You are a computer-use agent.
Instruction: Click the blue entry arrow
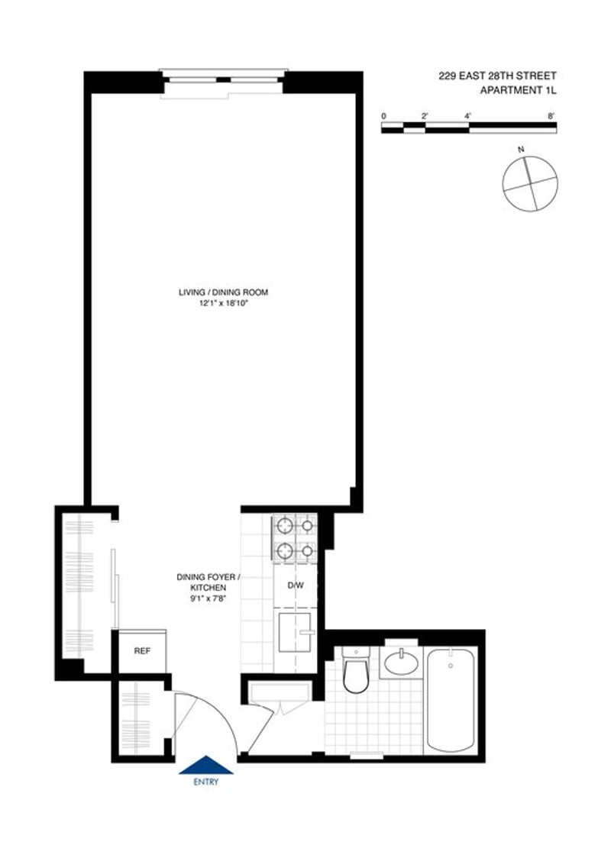tap(205, 765)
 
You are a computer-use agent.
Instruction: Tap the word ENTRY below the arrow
tap(205, 782)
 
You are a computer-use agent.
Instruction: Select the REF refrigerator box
tap(142, 653)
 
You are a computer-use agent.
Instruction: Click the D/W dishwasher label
tap(295, 586)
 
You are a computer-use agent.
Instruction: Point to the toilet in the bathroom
tap(356, 672)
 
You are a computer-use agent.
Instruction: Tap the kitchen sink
tap(293, 633)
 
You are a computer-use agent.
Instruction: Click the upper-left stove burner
tap(284, 525)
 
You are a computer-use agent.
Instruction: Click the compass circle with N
tap(529, 184)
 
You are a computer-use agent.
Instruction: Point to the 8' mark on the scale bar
tap(551, 115)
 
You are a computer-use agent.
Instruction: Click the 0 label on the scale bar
tap(384, 115)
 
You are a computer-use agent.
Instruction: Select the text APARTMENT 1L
tap(518, 91)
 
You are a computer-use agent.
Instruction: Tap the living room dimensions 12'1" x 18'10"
tap(223, 303)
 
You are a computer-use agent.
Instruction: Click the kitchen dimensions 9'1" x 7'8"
tap(208, 599)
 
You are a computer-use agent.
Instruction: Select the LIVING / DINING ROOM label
tap(223, 292)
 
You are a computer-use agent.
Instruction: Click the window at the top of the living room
tap(223, 79)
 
